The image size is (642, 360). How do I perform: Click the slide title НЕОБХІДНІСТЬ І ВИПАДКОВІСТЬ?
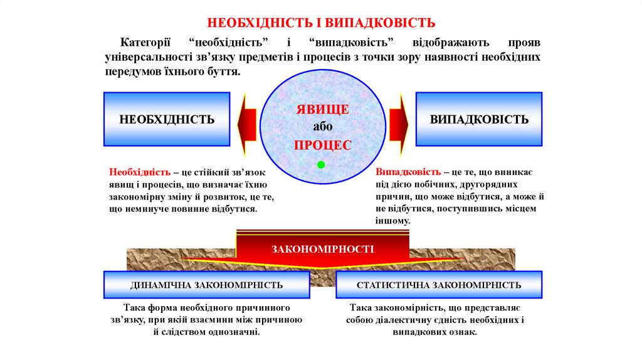(321, 23)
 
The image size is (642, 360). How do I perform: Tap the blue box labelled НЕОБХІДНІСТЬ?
(167, 119)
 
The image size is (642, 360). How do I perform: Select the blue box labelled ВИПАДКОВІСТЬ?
(479, 119)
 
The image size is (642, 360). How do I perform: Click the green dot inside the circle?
(321, 165)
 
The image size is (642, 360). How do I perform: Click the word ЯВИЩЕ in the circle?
(322, 109)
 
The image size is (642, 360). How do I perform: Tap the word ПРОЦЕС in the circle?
(322, 144)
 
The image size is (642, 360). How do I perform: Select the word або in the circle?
(322, 127)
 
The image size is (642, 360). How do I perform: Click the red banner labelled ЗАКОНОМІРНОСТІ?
(322, 249)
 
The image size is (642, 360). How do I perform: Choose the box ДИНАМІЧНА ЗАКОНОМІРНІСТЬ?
(207, 285)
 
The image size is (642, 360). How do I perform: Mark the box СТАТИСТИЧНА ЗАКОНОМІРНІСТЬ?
(439, 285)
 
